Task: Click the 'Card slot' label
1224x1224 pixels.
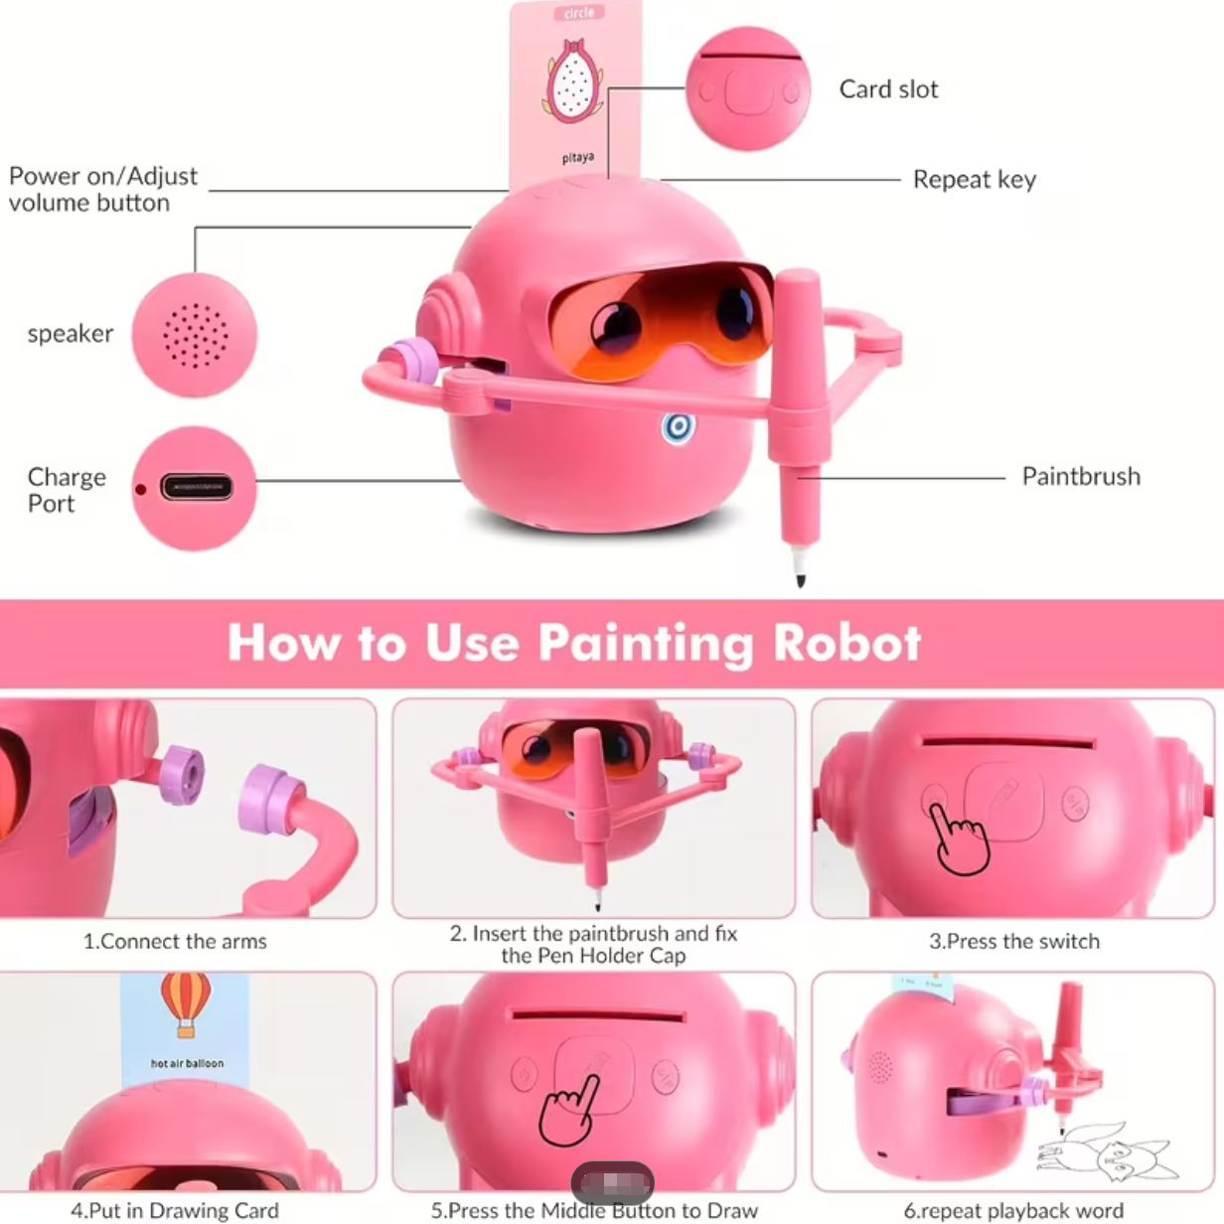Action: [x=888, y=89]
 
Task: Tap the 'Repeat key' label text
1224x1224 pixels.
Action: [x=974, y=180]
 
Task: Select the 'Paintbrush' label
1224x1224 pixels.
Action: [x=1081, y=477]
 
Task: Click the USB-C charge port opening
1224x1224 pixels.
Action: [x=197, y=488]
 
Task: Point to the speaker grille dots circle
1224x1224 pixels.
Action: [x=195, y=335]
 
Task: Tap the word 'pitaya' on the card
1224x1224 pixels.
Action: [x=577, y=158]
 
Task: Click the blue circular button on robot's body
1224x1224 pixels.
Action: [x=679, y=427]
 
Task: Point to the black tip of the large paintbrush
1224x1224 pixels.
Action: [x=800, y=576]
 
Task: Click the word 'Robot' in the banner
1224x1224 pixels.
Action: [x=847, y=643]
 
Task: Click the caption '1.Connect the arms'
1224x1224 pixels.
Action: [x=175, y=942]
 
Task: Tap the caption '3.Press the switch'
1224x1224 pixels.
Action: [x=1013, y=942]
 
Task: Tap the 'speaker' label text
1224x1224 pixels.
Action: [x=71, y=334]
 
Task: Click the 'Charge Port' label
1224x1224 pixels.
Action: [x=66, y=490]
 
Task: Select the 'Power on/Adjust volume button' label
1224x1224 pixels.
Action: [x=103, y=189]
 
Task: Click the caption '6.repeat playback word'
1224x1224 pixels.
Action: [x=1013, y=1211]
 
